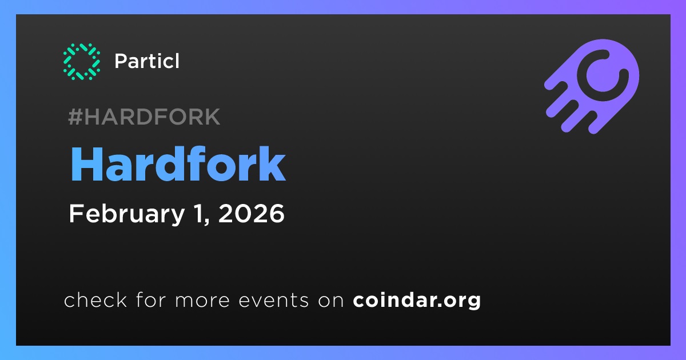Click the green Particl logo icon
[81, 62]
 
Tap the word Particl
[147, 61]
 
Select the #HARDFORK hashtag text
[144, 117]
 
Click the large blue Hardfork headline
[178, 165]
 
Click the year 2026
[251, 213]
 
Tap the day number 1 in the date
[198, 213]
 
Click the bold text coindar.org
[417, 301]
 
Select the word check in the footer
[95, 299]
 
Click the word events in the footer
[274, 301]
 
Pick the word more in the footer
[202, 301]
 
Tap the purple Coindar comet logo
[592, 86]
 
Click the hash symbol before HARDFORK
[75, 117]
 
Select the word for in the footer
[151, 299]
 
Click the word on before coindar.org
[331, 301]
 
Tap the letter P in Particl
[121, 61]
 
